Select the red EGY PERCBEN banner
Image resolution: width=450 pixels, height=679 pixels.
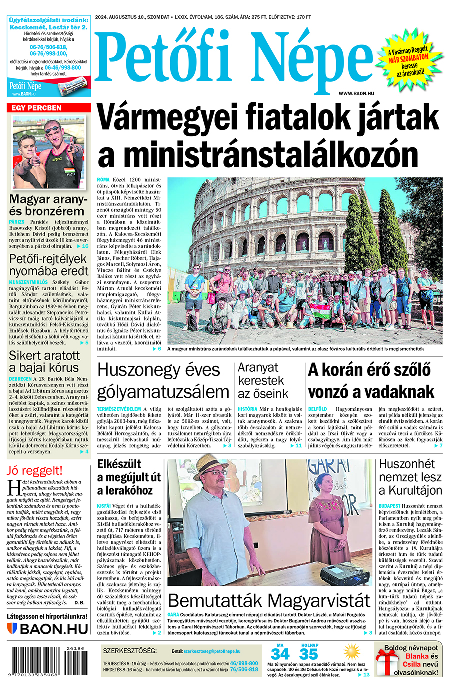[x=48, y=108]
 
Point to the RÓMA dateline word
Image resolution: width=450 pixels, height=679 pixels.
[x=103, y=179]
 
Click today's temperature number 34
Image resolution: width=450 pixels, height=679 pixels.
[x=280, y=654]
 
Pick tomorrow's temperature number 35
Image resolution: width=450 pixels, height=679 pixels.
[x=308, y=654]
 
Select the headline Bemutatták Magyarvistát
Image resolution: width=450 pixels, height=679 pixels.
[x=269, y=600]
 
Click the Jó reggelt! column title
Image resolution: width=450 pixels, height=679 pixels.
[x=35, y=470]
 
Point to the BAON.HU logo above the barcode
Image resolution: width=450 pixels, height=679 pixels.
[x=48, y=628]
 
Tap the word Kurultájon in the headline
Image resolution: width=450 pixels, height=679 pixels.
[x=410, y=490]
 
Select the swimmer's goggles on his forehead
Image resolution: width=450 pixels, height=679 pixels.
[x=51, y=129]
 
